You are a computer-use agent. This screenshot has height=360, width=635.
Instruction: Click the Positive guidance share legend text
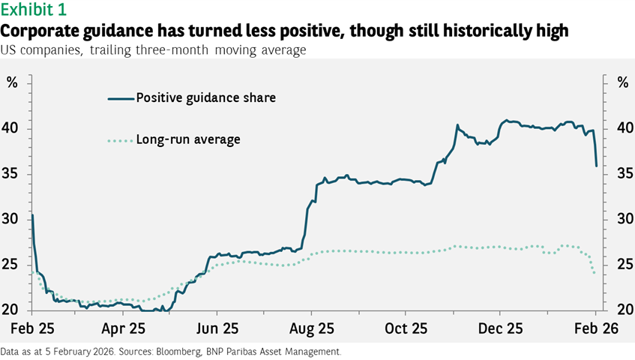point(205,98)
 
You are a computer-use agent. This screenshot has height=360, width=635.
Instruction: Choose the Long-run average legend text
point(188,139)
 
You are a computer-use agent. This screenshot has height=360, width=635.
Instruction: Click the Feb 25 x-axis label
point(31,328)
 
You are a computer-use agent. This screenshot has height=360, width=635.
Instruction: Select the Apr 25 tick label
point(123,328)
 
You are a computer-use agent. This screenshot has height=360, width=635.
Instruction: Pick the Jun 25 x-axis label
point(217,328)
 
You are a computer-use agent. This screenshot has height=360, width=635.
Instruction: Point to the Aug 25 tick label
point(311,328)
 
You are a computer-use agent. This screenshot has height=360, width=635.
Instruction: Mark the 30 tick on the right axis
point(621,220)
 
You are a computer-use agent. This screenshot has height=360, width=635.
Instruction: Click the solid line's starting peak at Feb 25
point(32,215)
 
